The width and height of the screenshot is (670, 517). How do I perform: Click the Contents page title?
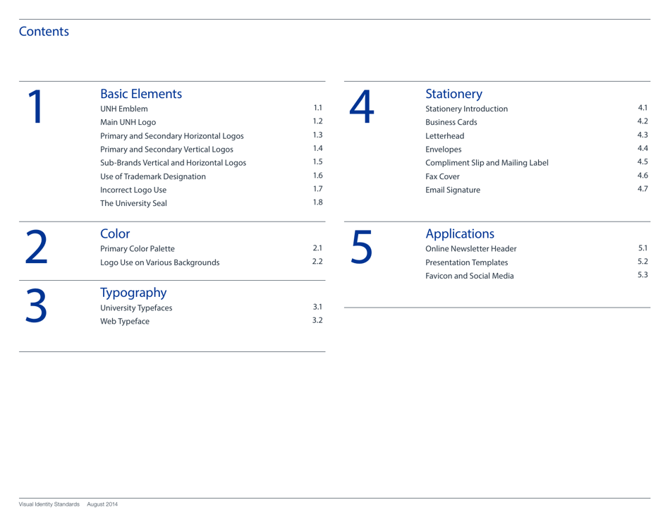(44, 32)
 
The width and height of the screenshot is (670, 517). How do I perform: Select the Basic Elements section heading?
(142, 93)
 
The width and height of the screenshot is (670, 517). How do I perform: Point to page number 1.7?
(317, 190)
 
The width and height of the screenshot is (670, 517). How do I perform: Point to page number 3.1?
(317, 308)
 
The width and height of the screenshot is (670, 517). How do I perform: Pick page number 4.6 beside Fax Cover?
(642, 176)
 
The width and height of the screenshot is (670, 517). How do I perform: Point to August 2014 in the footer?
(102, 504)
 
